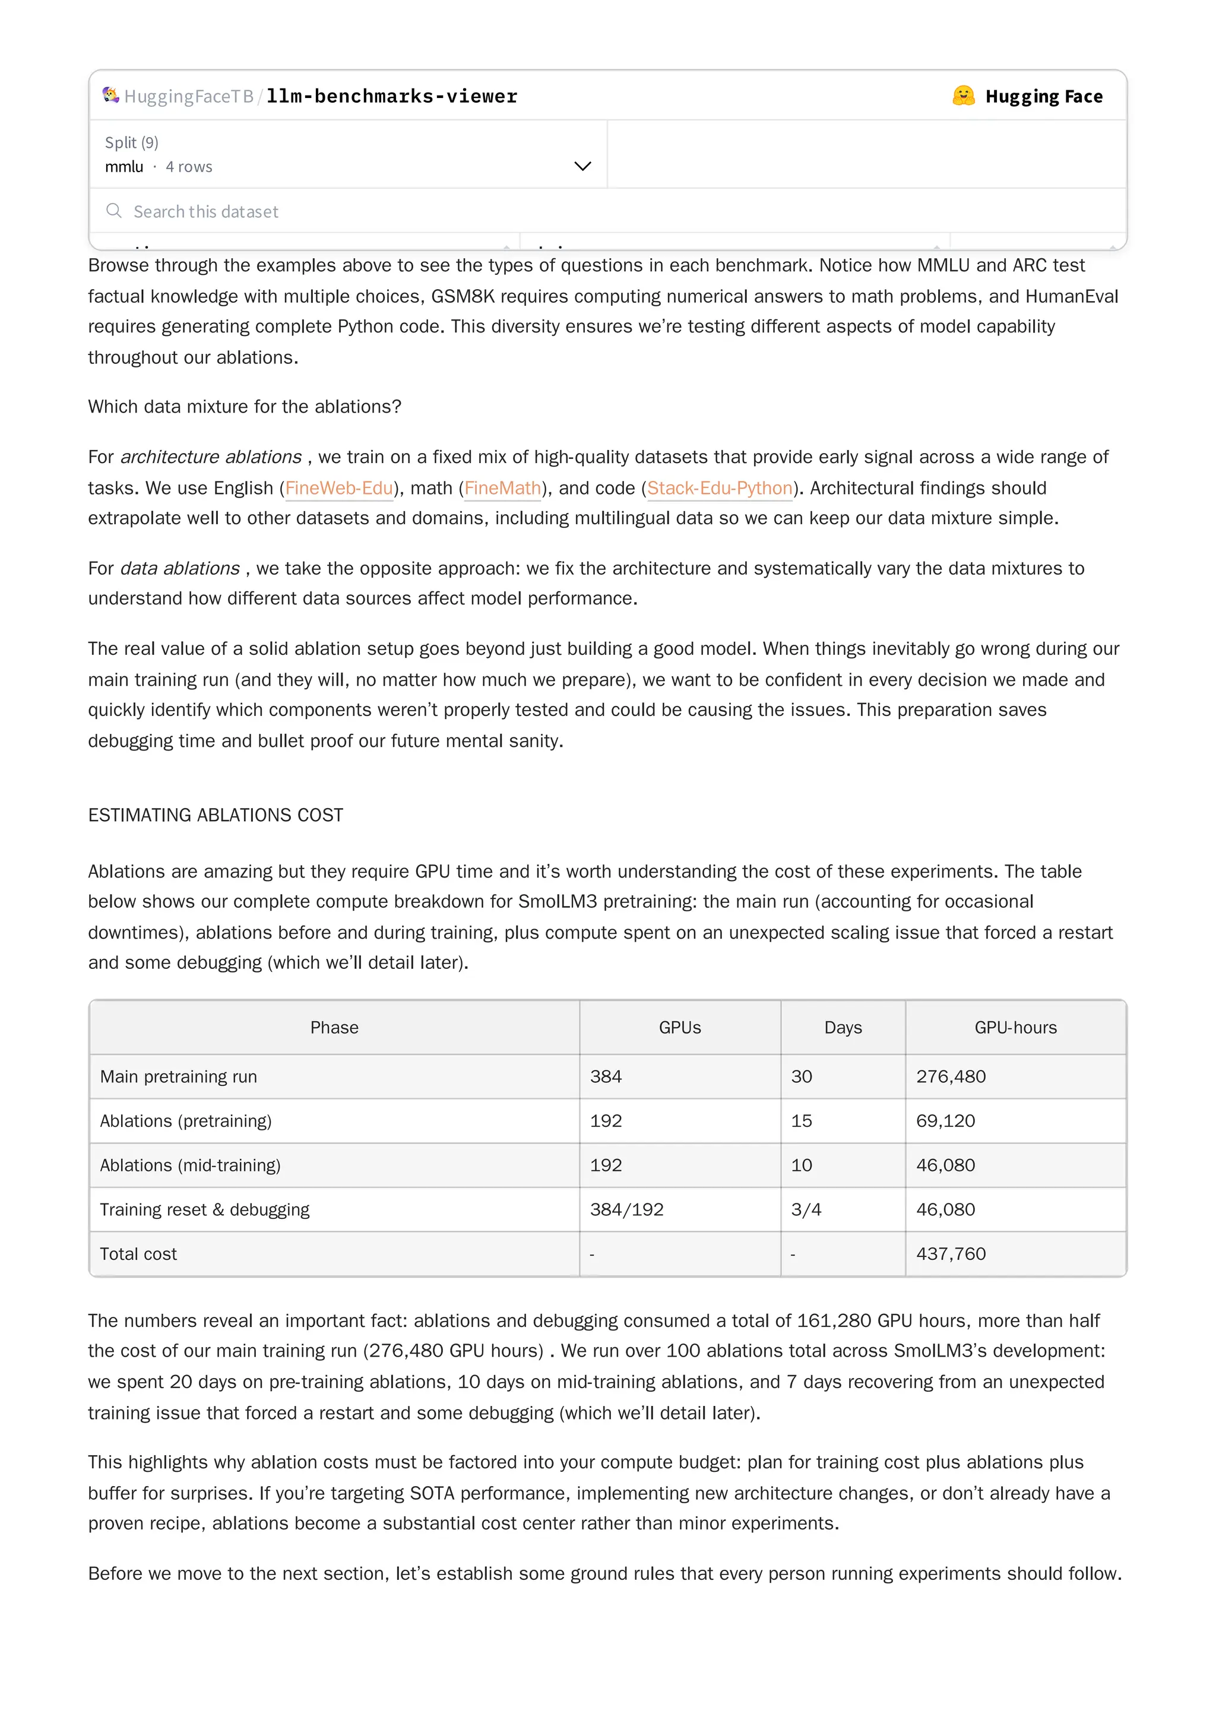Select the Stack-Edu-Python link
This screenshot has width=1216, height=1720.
tap(719, 489)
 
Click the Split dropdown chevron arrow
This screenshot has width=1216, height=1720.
tap(582, 166)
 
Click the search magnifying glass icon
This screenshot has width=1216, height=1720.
tap(114, 211)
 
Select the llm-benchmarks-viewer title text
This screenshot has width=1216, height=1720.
tap(391, 97)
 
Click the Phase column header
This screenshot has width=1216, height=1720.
tap(334, 1027)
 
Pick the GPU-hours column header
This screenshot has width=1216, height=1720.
tap(1015, 1027)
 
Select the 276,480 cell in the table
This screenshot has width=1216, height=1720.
tap(950, 1076)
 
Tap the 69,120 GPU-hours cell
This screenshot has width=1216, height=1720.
tap(945, 1121)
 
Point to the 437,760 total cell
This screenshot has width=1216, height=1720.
tap(950, 1253)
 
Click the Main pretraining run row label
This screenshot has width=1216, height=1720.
tap(178, 1076)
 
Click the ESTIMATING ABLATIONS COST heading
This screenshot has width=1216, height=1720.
tap(216, 815)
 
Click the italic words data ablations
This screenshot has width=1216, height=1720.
tap(180, 569)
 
